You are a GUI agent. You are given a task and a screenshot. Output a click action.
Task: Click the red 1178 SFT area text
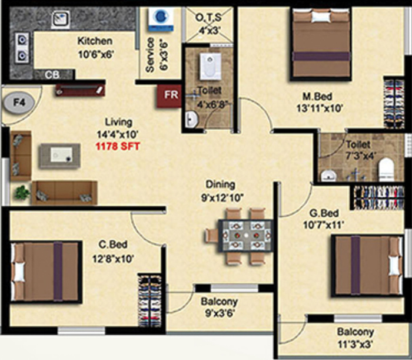118,146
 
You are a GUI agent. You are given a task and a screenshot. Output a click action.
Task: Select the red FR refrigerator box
170,95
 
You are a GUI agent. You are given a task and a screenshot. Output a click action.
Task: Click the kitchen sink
61,19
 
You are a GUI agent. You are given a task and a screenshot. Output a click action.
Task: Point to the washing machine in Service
161,19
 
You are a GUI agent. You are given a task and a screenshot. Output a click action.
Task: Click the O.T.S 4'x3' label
209,24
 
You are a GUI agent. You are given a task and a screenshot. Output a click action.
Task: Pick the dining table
245,236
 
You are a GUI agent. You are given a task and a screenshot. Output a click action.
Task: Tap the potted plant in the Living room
22,193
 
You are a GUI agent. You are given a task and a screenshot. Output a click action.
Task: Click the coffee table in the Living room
60,156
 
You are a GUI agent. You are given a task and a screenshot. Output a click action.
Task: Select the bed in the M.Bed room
321,44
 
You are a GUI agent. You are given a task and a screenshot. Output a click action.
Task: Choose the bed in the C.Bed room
46,272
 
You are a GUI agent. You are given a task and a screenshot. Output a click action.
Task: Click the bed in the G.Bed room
367,266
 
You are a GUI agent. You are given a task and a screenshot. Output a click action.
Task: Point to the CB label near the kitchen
52,75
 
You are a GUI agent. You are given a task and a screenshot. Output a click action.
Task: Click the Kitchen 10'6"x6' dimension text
95,48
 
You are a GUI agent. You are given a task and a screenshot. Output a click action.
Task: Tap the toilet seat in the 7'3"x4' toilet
386,169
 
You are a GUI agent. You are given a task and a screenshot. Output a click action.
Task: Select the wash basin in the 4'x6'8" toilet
192,119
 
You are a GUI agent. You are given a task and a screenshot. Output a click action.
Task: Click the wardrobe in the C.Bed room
149,300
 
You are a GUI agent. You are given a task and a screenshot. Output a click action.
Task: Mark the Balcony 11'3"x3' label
355,338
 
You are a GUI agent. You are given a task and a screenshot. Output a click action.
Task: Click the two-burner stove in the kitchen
22,48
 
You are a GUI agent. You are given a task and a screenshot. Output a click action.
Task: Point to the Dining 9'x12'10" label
221,191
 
